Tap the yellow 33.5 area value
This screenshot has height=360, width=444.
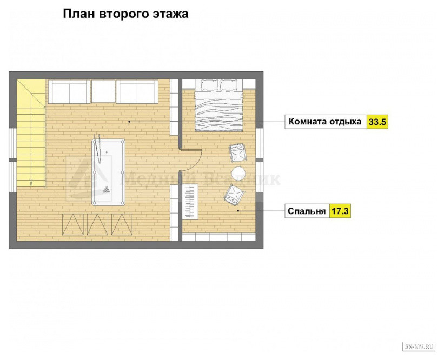pyautogui.click(x=377, y=122)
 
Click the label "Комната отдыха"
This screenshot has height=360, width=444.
pyautogui.click(x=325, y=122)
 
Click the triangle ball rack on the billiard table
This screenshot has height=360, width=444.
pyautogui.click(x=107, y=190)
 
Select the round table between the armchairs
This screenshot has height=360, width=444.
pyautogui.click(x=238, y=173)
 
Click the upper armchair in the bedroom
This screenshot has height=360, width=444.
pyautogui.click(x=237, y=153)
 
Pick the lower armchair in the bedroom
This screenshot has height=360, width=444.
pyautogui.click(x=234, y=195)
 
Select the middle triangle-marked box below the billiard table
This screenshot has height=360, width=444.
pyautogui.click(x=98, y=224)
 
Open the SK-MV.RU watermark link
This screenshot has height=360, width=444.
pyautogui.click(x=420, y=345)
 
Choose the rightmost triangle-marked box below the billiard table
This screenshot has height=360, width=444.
pyautogui.click(x=122, y=224)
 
